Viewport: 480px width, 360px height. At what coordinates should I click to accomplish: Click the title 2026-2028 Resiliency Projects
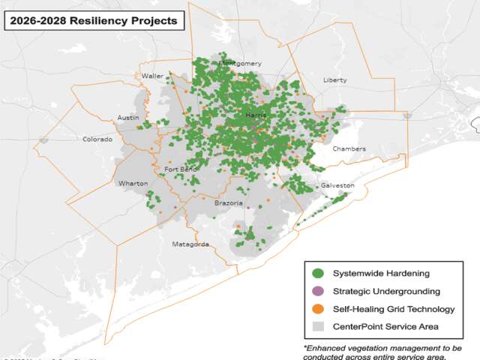click(92, 20)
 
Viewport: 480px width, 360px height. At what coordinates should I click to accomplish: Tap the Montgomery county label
click(239, 64)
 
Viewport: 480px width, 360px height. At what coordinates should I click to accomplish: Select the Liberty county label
click(334, 79)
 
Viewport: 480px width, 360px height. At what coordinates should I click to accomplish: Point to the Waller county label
click(152, 76)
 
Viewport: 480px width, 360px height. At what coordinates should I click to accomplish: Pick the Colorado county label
click(97, 139)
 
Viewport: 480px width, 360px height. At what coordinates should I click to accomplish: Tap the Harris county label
click(256, 115)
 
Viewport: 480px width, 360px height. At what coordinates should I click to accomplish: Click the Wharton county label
click(133, 183)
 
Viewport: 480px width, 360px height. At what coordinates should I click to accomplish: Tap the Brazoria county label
click(228, 203)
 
